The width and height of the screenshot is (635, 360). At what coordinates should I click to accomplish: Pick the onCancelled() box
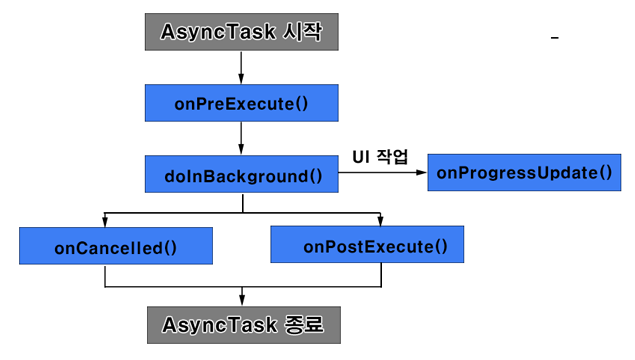[x=115, y=246]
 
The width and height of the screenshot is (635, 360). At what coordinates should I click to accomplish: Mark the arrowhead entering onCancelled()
[x=104, y=222]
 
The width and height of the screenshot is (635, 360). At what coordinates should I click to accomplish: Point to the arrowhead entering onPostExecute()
[x=379, y=222]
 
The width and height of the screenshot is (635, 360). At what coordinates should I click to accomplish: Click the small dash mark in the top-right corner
[x=554, y=38]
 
